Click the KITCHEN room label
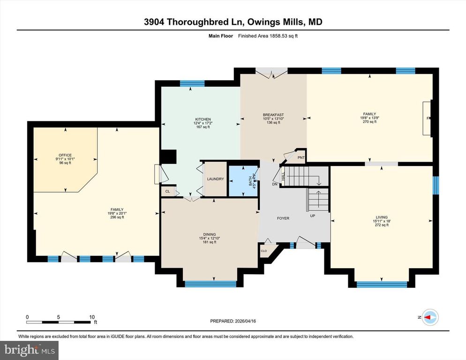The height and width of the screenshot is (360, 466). pyautogui.click(x=203, y=119)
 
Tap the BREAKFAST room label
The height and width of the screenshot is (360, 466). pyautogui.click(x=273, y=115)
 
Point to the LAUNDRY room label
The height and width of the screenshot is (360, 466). pyautogui.click(x=216, y=179)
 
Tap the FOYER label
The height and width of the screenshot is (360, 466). pyautogui.click(x=283, y=218)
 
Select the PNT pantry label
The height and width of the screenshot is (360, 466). pyautogui.click(x=301, y=157)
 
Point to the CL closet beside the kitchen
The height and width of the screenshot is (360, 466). pyautogui.click(x=167, y=192)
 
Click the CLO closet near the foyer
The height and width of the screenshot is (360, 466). pyautogui.click(x=264, y=251)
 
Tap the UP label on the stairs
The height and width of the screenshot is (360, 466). pyautogui.click(x=312, y=216)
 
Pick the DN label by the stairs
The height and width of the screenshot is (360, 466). pyautogui.click(x=275, y=184)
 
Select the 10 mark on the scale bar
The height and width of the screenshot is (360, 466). pyautogui.click(x=92, y=317)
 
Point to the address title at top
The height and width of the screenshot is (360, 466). pyautogui.click(x=233, y=22)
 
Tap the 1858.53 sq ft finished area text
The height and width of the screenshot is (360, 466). pyautogui.click(x=268, y=36)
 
